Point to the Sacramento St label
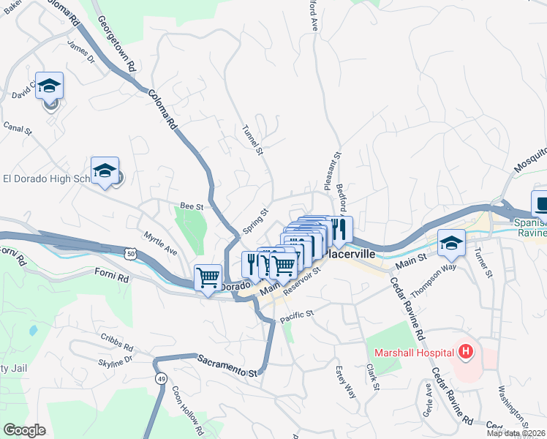pos(228,364)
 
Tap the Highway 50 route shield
pos(129,253)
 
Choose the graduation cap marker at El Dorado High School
pos(105,171)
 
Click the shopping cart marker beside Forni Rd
pos(208,277)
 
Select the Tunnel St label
pos(251,140)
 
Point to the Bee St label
pos(192,207)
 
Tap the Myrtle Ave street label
pos(160,244)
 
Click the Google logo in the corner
pos(24,429)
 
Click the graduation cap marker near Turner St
pos(451,244)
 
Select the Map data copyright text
pos(516,433)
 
